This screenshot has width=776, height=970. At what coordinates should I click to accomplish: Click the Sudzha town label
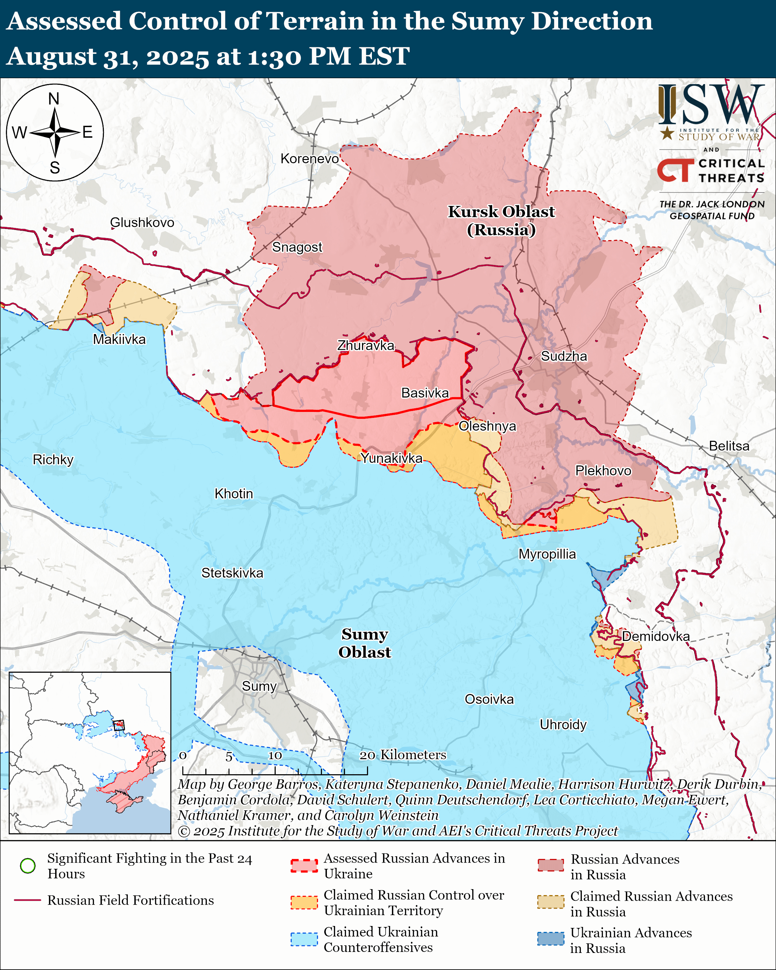tap(564, 356)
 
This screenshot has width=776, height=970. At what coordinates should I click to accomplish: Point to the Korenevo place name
tap(309, 159)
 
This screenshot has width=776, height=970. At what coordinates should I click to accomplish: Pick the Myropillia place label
tap(547, 554)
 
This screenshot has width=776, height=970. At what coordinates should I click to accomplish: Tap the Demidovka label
tap(655, 636)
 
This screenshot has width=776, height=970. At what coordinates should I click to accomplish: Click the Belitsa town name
tap(729, 446)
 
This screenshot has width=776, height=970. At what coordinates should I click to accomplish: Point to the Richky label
tap(53, 460)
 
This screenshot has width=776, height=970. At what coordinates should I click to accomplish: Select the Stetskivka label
tap(232, 573)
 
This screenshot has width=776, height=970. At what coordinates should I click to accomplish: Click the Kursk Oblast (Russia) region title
tap(501, 220)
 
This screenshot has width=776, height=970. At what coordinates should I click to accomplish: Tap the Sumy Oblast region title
tap(364, 643)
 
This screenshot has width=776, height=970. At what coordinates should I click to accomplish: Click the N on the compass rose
tap(54, 99)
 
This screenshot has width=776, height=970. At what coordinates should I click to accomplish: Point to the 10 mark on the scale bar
tap(275, 756)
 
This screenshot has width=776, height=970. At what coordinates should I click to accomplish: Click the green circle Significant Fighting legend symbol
tap(28, 866)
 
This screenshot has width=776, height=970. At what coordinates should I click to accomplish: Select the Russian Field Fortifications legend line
tap(28, 900)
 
